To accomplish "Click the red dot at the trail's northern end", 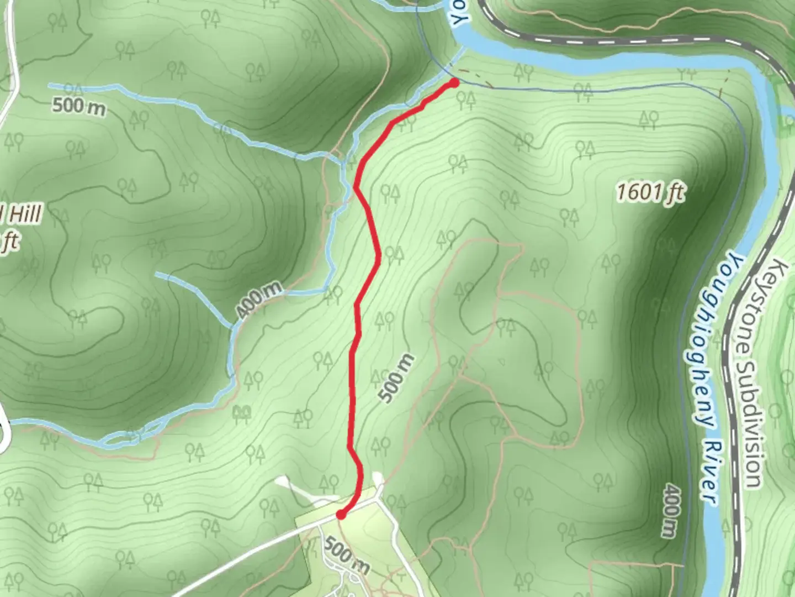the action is (x=454, y=83).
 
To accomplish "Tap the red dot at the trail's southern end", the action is (x=341, y=515).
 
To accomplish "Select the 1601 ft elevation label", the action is (x=650, y=193).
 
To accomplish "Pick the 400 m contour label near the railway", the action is (x=670, y=510).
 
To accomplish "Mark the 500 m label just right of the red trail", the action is (x=397, y=379).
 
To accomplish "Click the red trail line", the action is (x=353, y=387).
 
